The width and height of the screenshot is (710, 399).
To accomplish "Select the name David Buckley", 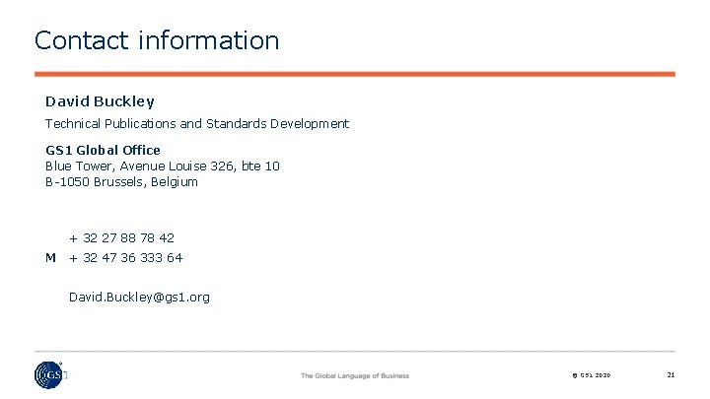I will pos(100,100).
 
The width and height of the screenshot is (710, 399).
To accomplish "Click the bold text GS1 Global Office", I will pos(103,150).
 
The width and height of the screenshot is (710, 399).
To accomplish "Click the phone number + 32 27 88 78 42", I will pos(121,237).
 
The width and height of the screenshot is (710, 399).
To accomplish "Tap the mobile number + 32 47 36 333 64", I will pos(125,257).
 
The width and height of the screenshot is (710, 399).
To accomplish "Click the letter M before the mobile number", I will pos(50,257).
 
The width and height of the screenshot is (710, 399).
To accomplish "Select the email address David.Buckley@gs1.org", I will pos(139,297).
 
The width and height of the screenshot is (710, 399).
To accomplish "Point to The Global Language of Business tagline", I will pos(355,375).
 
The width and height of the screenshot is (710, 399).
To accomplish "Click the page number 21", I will pos(671,374).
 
